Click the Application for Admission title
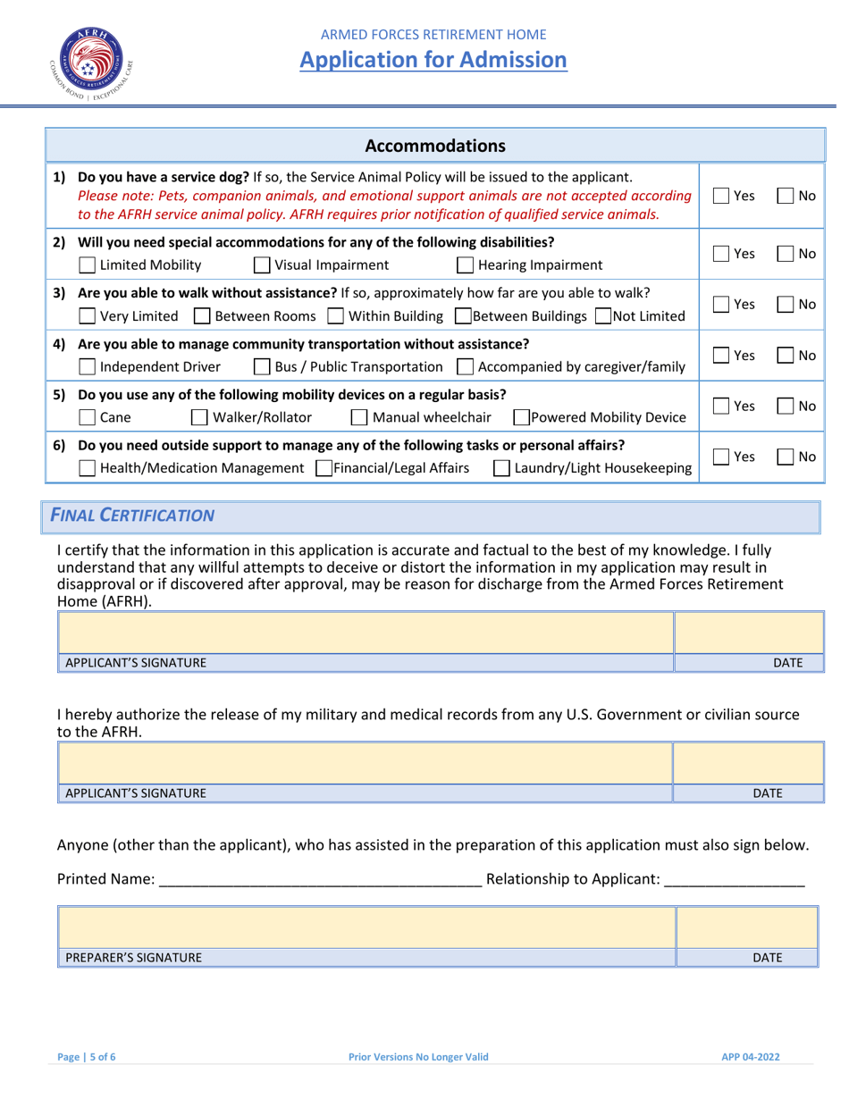[433, 60]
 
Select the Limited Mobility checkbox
[88, 265]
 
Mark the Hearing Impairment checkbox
[466, 265]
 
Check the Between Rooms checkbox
[202, 316]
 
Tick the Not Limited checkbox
[603, 316]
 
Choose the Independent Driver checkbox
[88, 367]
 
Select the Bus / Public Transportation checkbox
[262, 367]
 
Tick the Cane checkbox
[88, 418]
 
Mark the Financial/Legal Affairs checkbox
[324, 468]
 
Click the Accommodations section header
[435, 146]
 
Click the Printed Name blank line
[319, 880]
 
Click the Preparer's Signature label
[133, 958]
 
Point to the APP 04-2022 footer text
[751, 1057]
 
